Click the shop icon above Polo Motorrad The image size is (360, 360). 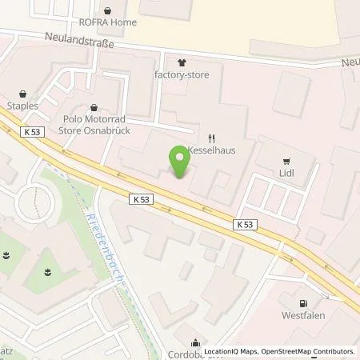click(x=95, y=107)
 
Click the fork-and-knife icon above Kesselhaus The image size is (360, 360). click(x=211, y=137)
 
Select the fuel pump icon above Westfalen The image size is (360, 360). click(x=302, y=303)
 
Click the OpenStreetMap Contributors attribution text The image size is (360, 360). click(x=308, y=351)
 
